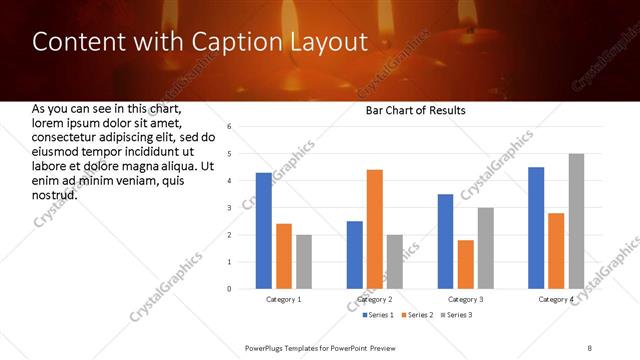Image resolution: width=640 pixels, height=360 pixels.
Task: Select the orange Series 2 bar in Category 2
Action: pyautogui.click(x=375, y=229)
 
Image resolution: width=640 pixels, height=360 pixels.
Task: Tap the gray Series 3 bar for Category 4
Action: pyautogui.click(x=577, y=221)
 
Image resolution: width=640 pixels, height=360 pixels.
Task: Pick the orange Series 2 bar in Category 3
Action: pyautogui.click(x=466, y=264)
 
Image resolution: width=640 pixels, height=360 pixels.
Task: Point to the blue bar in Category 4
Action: pyautogui.click(x=536, y=228)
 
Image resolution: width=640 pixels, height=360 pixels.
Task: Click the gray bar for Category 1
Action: pyautogui.click(x=303, y=261)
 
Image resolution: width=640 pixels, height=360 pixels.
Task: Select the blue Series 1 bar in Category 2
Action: pyautogui.click(x=355, y=255)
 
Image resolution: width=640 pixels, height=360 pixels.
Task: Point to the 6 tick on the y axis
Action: pyautogui.click(x=230, y=127)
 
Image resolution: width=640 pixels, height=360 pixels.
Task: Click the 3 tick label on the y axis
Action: pyautogui.click(x=230, y=208)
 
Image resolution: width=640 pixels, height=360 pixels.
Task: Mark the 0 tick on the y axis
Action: pyautogui.click(x=230, y=289)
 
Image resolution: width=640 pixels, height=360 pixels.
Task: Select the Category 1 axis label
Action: pyautogui.click(x=283, y=299)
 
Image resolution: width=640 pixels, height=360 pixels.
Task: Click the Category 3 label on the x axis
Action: pyautogui.click(x=465, y=299)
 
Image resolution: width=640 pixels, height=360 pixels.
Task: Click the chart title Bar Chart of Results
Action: pyautogui.click(x=414, y=110)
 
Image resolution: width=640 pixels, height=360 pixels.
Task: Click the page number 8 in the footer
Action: pyautogui.click(x=589, y=347)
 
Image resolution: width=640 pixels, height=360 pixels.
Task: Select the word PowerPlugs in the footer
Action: pyautogui.click(x=267, y=347)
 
